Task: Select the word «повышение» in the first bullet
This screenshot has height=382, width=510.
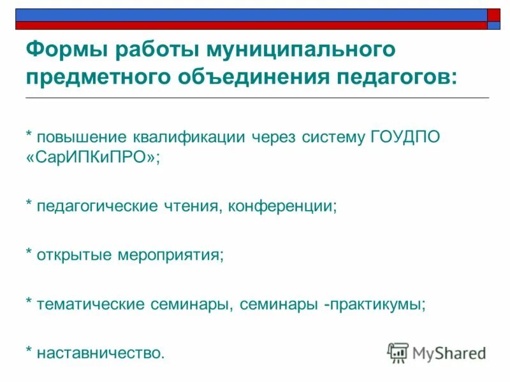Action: coord(82,138)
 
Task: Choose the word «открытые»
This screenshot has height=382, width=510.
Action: coord(74,255)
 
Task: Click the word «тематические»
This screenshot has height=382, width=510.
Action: coord(91,304)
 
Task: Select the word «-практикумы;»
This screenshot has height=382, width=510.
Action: coord(375,304)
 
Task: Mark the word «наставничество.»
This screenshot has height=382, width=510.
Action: coord(101,352)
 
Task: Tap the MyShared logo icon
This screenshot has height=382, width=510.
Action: coord(398,352)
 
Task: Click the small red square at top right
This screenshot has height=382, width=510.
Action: coord(494,15)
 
